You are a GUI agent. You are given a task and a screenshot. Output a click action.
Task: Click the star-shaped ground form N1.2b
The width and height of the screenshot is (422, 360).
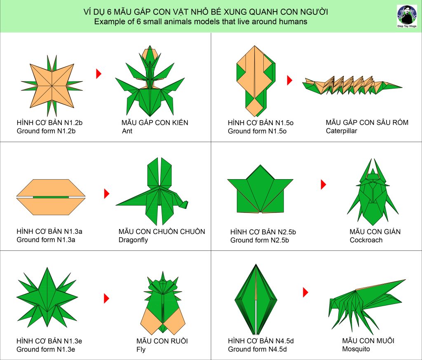pos(52,86)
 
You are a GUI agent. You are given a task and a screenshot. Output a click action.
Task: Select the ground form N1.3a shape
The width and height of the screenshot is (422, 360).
pos(51,197)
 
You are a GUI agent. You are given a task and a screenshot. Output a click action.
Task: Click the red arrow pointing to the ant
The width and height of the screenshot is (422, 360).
pos(99,73)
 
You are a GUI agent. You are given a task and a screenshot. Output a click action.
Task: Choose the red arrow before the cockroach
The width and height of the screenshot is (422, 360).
pos(324,184)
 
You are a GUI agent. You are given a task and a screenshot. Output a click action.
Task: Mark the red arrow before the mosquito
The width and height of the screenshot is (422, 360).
pos(305,292)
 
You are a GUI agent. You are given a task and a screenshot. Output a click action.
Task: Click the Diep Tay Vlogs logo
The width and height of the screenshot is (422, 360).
pos(407,16)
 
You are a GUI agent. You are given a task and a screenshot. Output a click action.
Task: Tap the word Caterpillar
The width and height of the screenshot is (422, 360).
pos(341,131)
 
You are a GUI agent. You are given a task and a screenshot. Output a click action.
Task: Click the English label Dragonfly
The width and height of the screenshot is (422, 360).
pos(133,240)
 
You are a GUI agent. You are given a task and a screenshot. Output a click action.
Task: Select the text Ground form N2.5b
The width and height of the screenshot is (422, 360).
pos(260,240)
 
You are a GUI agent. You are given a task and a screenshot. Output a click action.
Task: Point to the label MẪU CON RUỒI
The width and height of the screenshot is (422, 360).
pos(162,341)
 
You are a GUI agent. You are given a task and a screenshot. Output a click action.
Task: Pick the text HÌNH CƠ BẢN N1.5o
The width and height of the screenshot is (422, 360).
pos(260,123)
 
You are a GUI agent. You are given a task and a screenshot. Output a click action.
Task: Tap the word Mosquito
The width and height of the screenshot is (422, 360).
pos(356,349)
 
